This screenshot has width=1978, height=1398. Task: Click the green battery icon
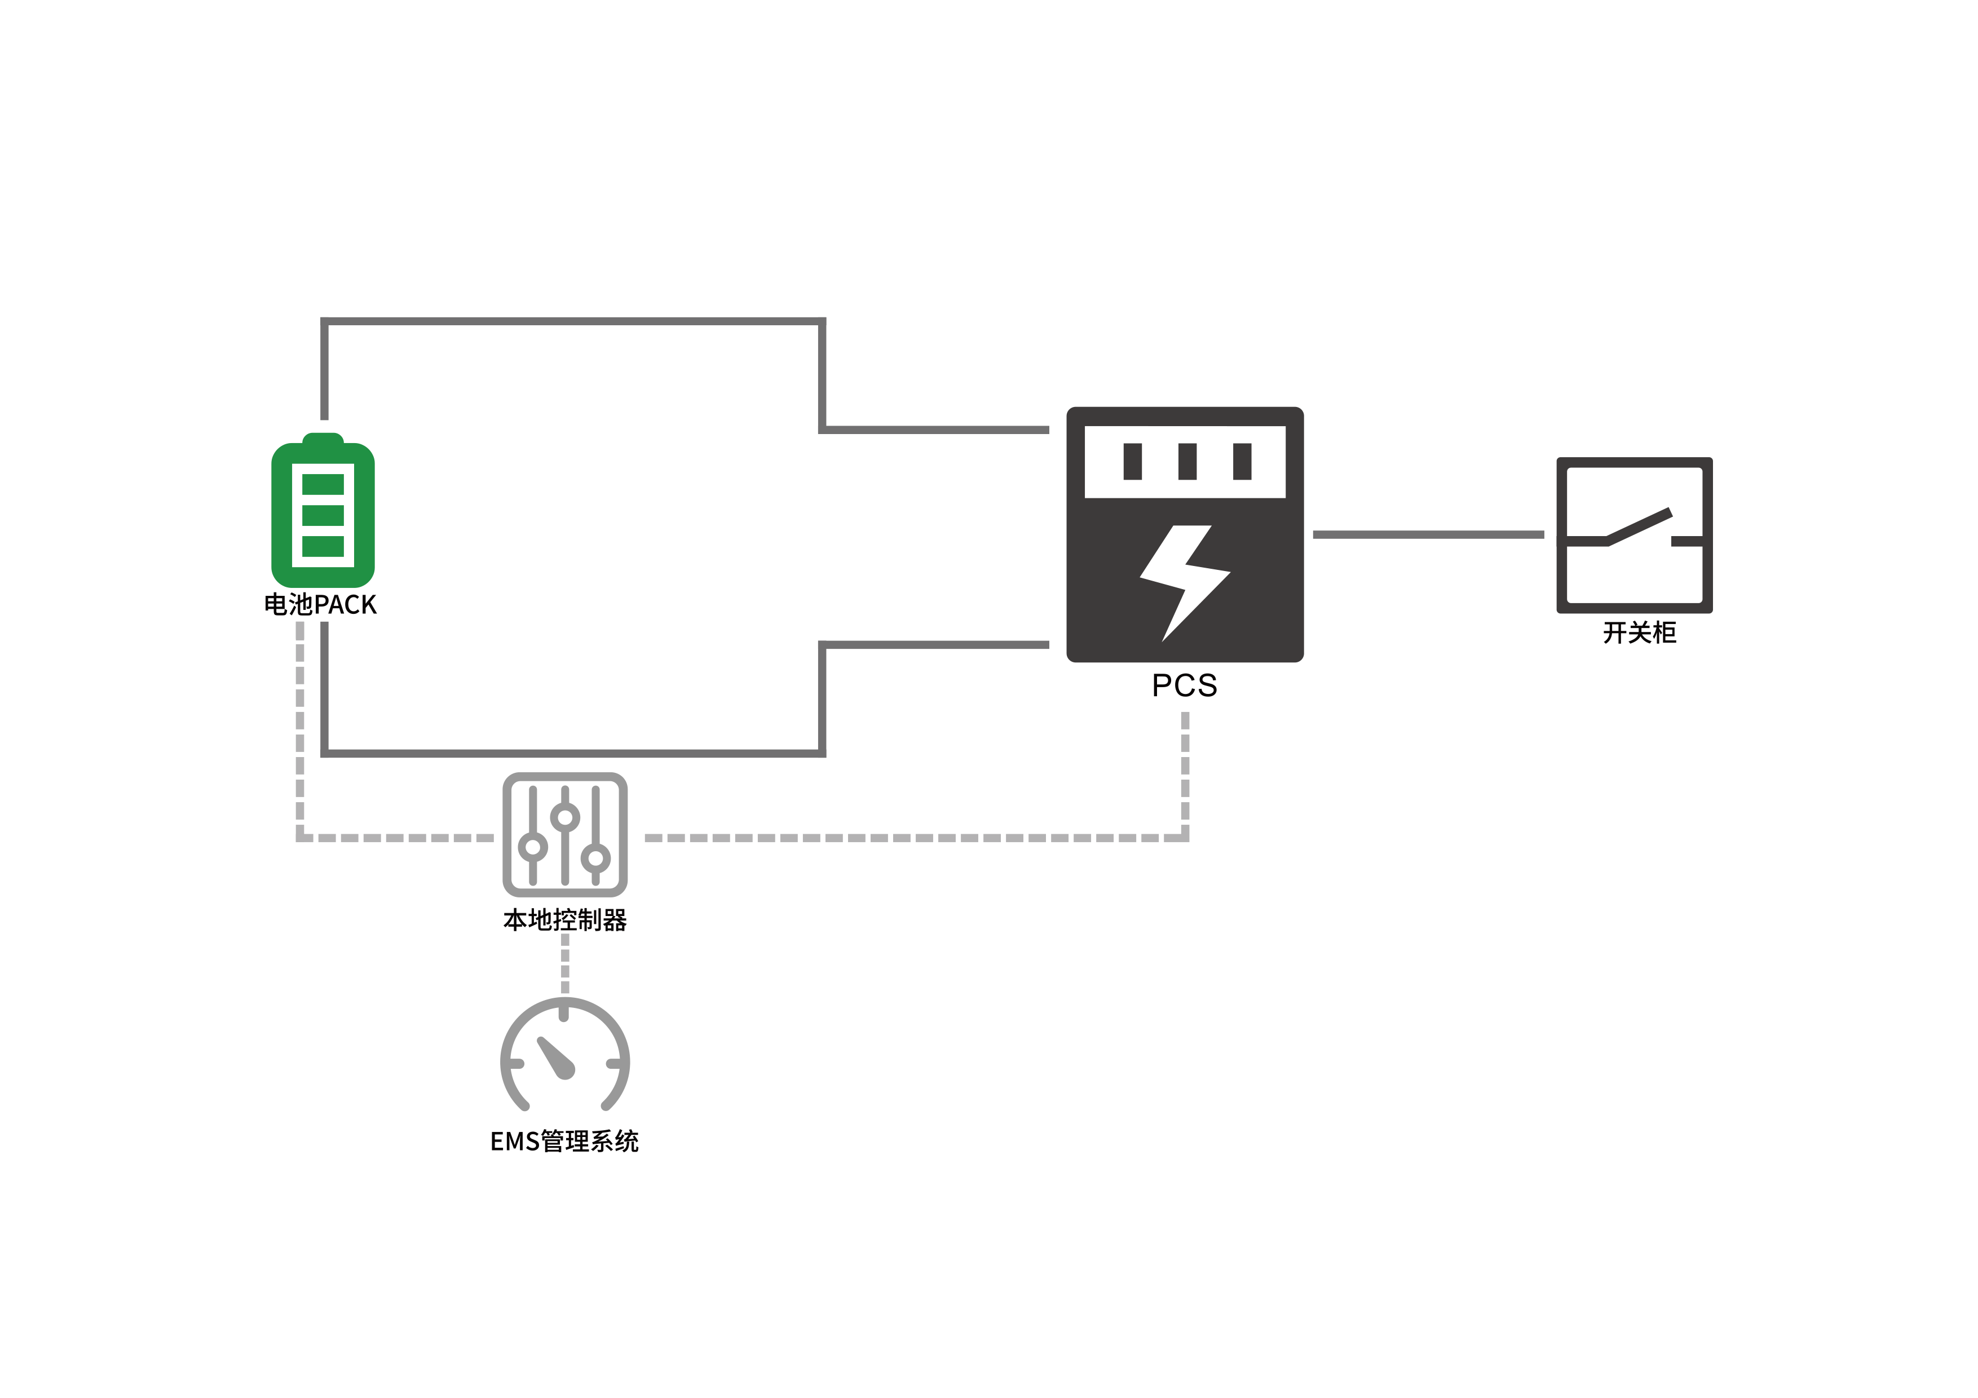point(323,510)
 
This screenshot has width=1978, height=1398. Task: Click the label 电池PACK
point(320,605)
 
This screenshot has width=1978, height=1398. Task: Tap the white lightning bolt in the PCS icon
point(1185,583)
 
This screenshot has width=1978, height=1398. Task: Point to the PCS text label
point(1185,685)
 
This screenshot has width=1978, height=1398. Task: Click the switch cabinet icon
point(1634,535)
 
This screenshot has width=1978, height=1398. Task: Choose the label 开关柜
point(1640,633)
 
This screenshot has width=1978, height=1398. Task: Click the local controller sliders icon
point(565,835)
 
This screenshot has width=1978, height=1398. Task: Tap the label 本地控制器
point(565,920)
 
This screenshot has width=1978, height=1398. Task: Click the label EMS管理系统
point(564,1142)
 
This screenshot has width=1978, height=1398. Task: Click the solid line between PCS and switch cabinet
point(1428,535)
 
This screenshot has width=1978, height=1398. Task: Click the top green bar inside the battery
point(323,484)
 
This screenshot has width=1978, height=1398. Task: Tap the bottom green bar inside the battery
point(323,546)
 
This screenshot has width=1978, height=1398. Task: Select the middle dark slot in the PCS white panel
point(1187,462)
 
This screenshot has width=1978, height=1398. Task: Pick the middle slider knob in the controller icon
point(565,817)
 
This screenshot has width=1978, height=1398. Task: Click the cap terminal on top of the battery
point(323,439)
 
